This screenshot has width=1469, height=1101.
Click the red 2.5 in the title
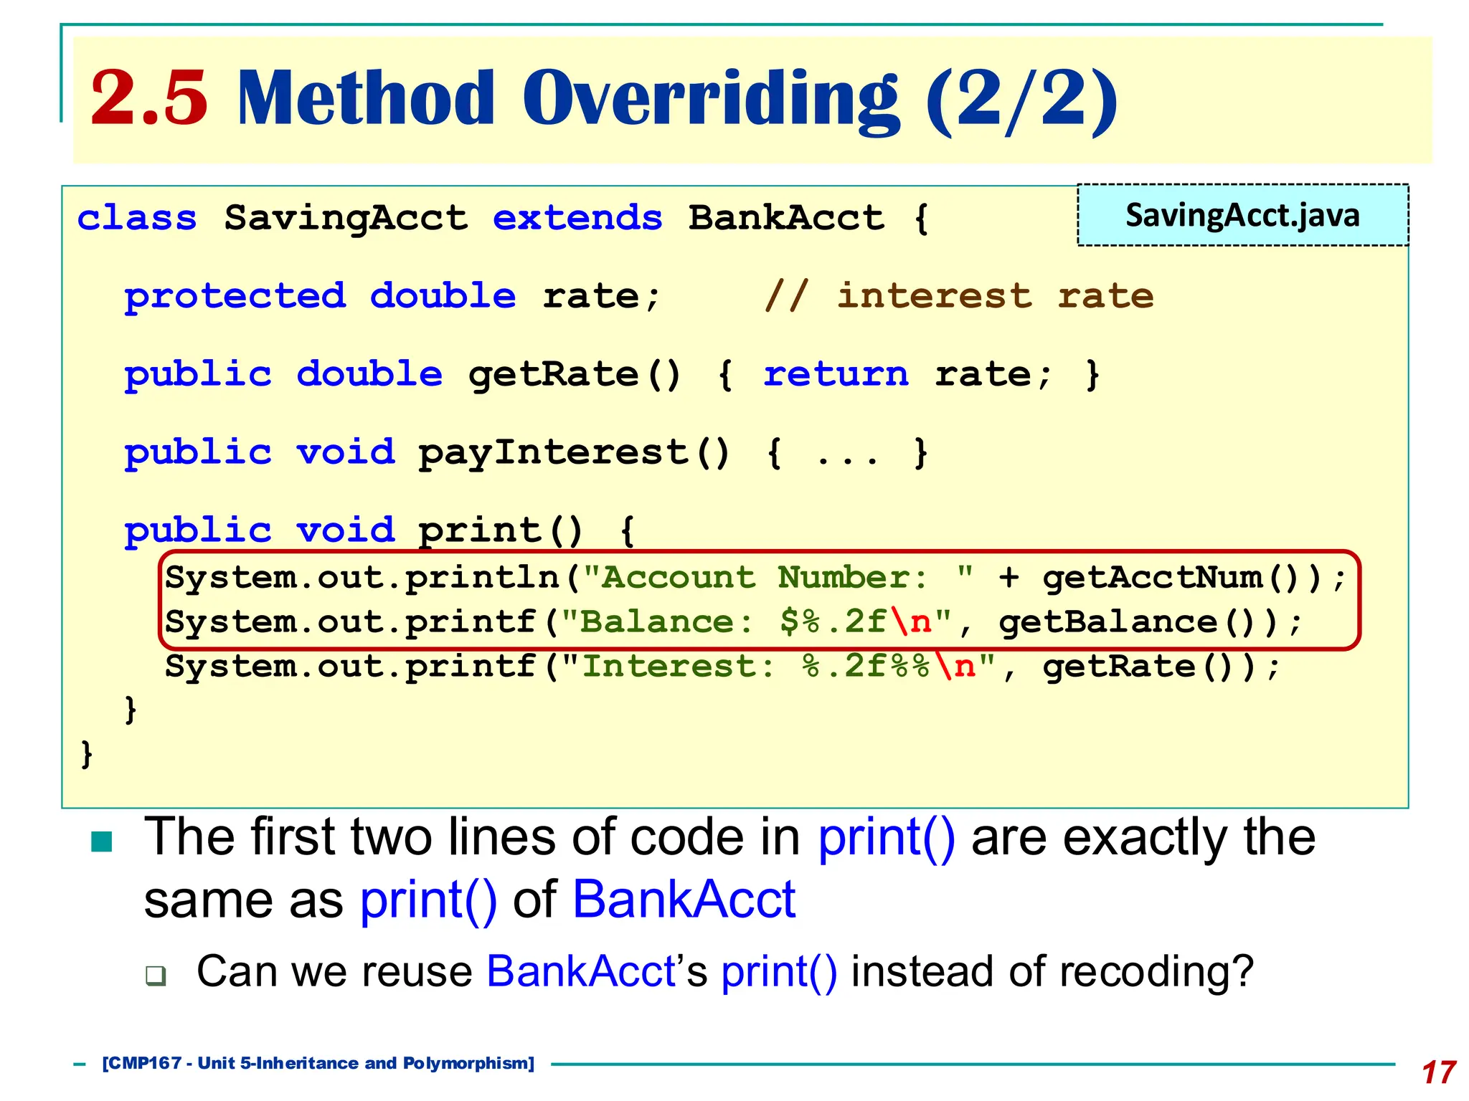[149, 99]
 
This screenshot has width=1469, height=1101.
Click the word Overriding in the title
[709, 99]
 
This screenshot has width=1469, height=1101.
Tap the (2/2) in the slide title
[1021, 99]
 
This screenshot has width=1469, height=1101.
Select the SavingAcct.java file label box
[1242, 215]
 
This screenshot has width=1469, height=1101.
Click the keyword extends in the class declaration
[577, 218]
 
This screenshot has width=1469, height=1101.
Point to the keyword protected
[235, 296]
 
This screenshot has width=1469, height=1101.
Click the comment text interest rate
[995, 296]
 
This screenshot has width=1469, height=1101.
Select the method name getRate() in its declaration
[574, 375]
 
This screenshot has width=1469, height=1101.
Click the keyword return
[836, 375]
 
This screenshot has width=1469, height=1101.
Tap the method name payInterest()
[574, 453]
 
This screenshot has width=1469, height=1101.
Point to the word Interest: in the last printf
[678, 667]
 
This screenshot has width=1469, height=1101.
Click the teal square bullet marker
[102, 842]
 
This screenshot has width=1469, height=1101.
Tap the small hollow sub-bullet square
[155, 976]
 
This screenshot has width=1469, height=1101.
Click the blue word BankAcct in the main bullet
[684, 900]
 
